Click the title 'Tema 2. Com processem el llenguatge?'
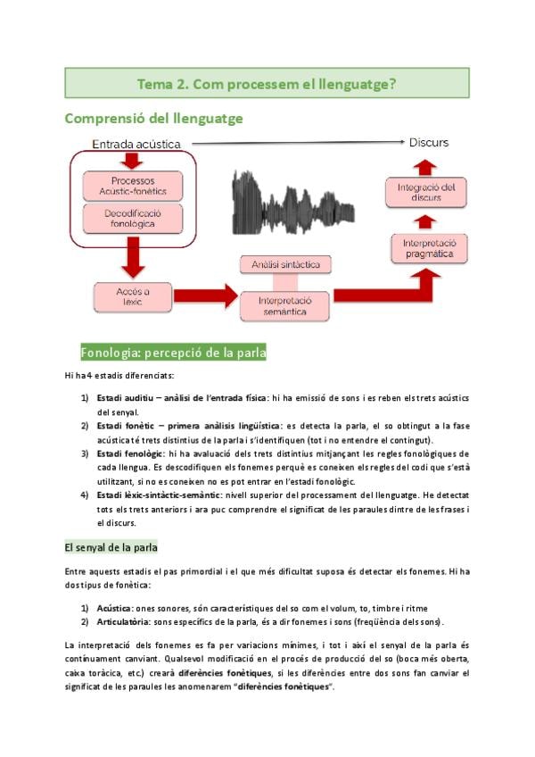tap(267, 83)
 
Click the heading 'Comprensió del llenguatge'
tap(154, 118)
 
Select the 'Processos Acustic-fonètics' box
tap(133, 185)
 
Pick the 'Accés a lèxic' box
tap(133, 296)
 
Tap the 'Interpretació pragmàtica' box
tap(429, 248)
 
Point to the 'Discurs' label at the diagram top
tap(428, 142)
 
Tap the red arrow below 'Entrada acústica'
tap(132, 160)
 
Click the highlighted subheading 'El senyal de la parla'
tap(111, 546)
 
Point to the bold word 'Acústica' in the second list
tap(116, 607)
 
